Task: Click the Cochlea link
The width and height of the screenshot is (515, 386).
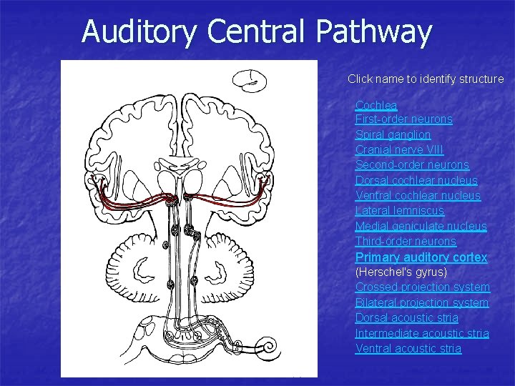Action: [376, 105]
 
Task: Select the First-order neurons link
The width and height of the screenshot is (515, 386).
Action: [403, 119]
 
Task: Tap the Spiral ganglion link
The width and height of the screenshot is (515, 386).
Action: [393, 134]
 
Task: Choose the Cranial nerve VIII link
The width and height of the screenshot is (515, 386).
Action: [399, 150]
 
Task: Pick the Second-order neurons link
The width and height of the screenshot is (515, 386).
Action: [412, 165]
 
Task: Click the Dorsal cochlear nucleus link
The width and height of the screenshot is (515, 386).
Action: [416, 180]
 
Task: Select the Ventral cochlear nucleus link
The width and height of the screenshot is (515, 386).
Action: [418, 195]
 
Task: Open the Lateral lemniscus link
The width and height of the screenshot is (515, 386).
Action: [399, 211]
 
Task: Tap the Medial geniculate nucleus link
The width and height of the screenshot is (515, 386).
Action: [421, 226]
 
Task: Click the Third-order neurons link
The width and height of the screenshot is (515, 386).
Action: [405, 242]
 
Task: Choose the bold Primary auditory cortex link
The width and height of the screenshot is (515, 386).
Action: [421, 257]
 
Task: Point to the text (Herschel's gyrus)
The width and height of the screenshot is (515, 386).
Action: [401, 272]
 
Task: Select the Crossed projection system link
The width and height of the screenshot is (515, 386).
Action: [422, 287]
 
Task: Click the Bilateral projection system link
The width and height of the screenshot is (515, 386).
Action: [421, 302]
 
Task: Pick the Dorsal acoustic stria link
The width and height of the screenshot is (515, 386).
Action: [406, 318]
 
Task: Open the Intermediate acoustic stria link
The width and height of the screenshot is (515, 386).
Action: [422, 333]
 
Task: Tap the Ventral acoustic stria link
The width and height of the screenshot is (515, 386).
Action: [408, 348]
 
